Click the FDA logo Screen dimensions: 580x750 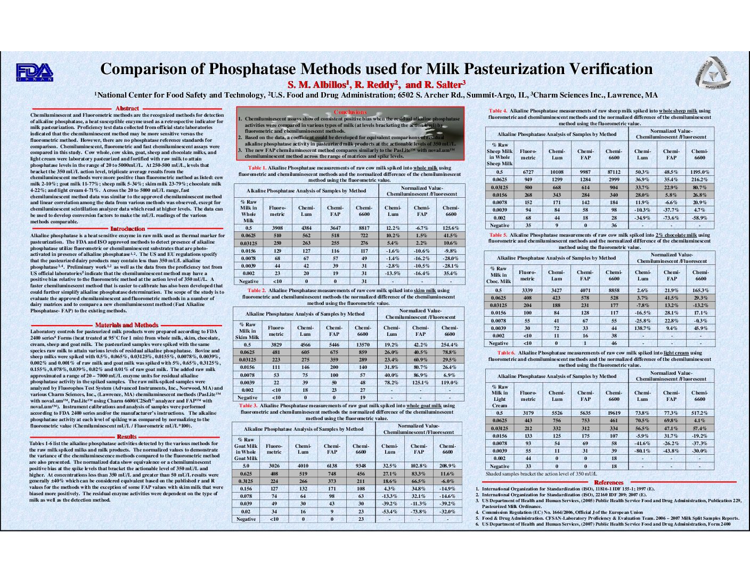35,72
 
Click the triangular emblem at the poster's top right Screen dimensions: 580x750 712,73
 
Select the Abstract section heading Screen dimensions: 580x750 127,108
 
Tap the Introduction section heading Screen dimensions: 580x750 127,229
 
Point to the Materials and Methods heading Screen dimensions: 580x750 127,325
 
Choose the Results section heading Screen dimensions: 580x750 127,437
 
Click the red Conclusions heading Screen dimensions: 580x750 350,112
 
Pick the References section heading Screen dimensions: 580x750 608,482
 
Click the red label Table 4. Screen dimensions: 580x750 498,111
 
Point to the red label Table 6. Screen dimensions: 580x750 506,353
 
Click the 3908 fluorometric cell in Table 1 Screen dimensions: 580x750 277,228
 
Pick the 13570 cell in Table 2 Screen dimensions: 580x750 363,344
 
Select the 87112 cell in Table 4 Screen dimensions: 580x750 614,172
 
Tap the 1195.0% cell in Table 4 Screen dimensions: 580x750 700,172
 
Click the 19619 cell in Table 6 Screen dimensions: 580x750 614,413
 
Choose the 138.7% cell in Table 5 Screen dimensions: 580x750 642,328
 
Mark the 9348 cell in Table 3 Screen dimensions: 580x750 361,465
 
